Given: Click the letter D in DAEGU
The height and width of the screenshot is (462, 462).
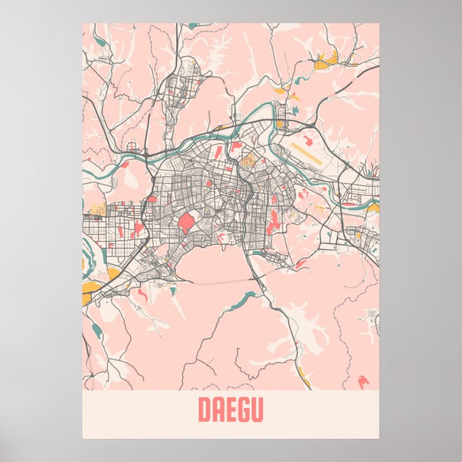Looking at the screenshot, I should pyautogui.click(x=205, y=411).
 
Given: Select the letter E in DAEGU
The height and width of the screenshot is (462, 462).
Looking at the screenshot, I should pyautogui.click(x=230, y=411).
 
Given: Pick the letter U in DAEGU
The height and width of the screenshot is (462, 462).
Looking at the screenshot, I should pyautogui.click(x=257, y=411).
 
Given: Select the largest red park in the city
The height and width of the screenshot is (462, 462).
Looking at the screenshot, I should pyautogui.click(x=186, y=222).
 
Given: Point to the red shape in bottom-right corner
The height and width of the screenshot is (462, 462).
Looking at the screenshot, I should pyautogui.click(x=363, y=380).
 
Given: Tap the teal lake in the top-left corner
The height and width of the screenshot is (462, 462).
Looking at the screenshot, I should pyautogui.click(x=100, y=42).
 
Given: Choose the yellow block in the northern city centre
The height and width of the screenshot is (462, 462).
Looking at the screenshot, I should pyautogui.click(x=247, y=159).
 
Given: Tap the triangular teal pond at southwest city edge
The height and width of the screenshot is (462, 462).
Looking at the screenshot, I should pyautogui.click(x=172, y=289).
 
